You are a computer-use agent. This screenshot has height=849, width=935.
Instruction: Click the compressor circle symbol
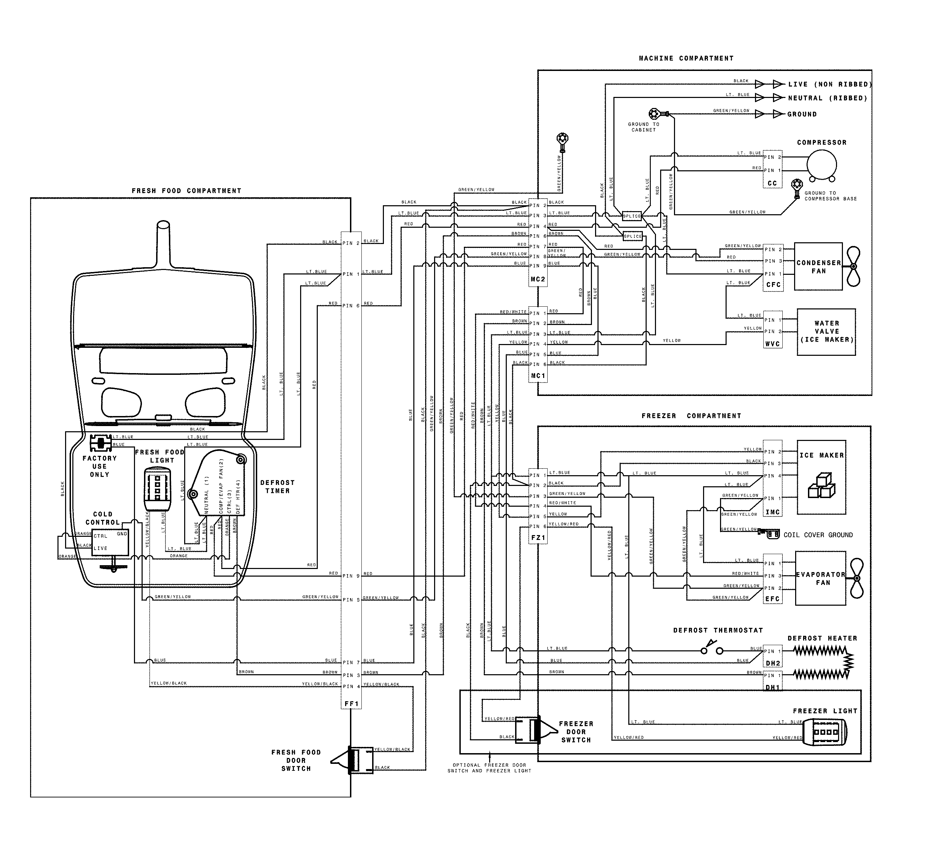821,165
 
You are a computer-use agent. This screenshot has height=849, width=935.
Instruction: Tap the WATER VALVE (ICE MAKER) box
826,332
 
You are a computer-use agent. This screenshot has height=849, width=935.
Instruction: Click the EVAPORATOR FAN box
820,578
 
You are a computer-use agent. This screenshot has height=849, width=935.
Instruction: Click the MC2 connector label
538,279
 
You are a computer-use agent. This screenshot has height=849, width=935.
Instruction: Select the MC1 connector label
538,376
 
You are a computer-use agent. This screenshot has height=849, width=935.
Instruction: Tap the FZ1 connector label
538,538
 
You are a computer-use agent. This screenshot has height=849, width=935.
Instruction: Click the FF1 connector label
352,704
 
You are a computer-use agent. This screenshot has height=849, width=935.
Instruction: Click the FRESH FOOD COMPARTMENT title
187,191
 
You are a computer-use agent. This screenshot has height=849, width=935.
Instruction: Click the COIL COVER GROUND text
818,535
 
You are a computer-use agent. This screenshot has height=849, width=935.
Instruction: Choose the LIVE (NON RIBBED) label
830,84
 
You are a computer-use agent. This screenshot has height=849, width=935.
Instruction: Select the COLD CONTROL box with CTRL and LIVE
110,542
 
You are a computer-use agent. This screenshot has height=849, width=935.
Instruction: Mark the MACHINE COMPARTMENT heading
686,58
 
